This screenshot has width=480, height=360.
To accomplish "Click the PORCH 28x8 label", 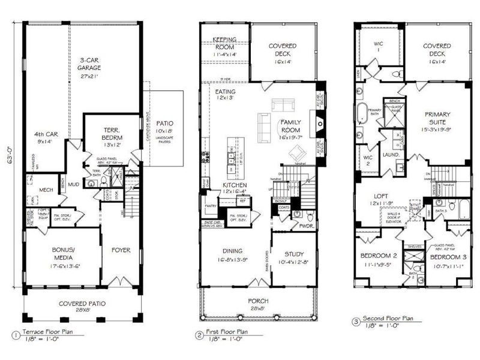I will [260, 304].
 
